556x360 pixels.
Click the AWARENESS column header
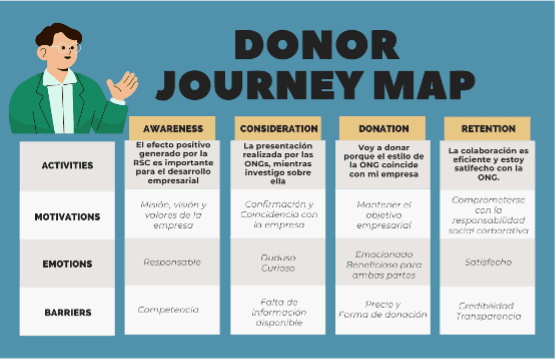pyautogui.click(x=173, y=129)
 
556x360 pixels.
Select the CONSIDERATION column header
pyautogui.click(x=279, y=129)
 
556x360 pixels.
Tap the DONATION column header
pyautogui.click(x=383, y=129)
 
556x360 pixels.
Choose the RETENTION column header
pyautogui.click(x=488, y=129)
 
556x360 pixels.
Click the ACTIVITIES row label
pyautogui.click(x=68, y=165)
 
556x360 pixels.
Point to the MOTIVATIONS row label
pyautogui.click(x=68, y=216)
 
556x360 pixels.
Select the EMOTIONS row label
pyautogui.click(x=68, y=264)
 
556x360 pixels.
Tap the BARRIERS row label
pyautogui.click(x=68, y=312)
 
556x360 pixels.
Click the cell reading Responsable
pyautogui.click(x=172, y=263)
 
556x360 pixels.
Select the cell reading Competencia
pyautogui.click(x=172, y=311)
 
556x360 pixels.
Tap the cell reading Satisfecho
pyautogui.click(x=488, y=263)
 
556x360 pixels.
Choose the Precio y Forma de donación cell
pyautogui.click(x=383, y=311)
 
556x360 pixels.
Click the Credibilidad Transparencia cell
pyautogui.click(x=488, y=311)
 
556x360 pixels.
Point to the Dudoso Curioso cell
pyautogui.click(x=279, y=263)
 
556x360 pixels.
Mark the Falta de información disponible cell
pyautogui.click(x=279, y=311)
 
